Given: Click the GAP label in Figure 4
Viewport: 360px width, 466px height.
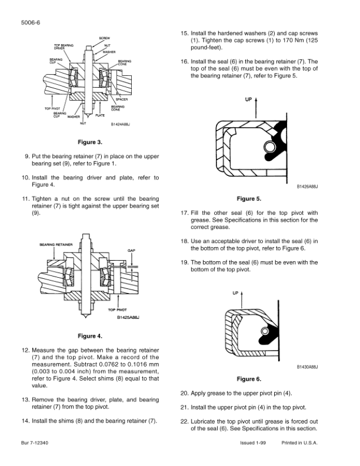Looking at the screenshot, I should coord(132,250).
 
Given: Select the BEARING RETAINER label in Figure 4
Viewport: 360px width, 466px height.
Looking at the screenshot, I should coord(55,243).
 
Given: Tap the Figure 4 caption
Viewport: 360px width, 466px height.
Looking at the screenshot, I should coord(90,336).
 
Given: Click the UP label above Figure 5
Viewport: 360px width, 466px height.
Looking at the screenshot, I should coord(248,99).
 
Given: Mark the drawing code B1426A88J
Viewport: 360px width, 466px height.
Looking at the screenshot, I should coord(308,185).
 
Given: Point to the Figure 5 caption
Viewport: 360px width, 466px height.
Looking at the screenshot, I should coord(249,198).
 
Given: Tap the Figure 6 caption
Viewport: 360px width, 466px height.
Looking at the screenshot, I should coord(249,379).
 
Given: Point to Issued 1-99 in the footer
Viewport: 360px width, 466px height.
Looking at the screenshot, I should coord(254,442).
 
